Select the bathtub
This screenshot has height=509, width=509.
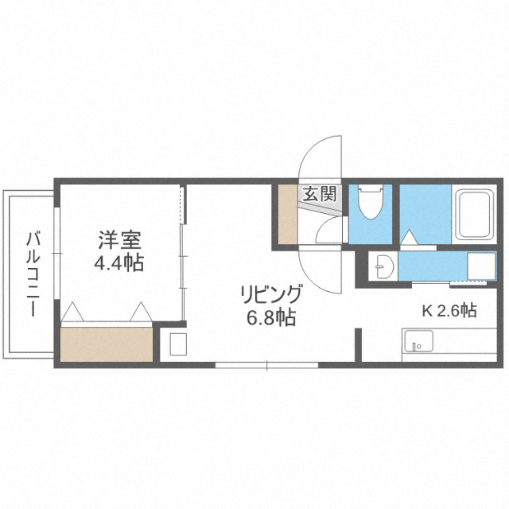(476, 215)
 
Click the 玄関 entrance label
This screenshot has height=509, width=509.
(321, 192)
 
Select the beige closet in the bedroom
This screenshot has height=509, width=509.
(107, 343)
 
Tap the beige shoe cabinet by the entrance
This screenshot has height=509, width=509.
(287, 215)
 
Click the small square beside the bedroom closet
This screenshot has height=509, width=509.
(177, 344)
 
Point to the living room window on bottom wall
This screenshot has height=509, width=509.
(266, 365)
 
